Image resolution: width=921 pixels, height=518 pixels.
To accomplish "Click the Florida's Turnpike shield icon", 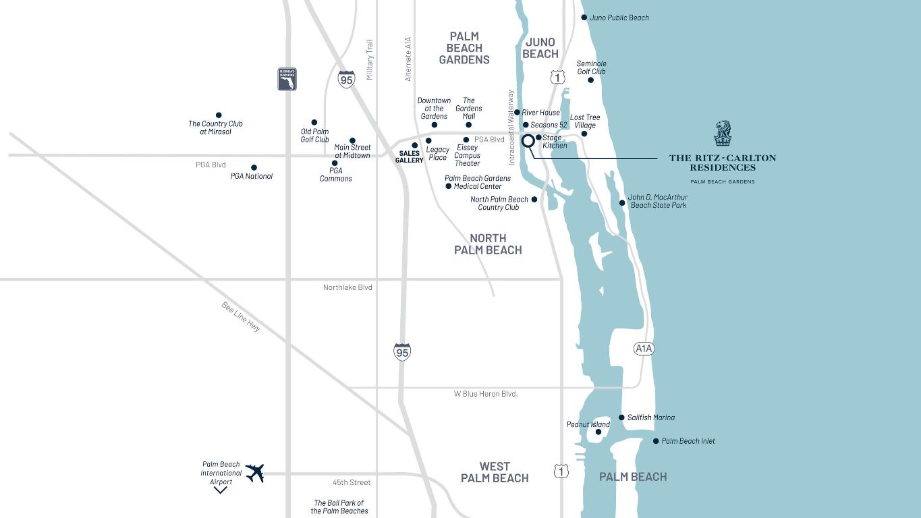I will (287, 79).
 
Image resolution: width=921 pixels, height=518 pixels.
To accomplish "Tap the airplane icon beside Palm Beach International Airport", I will (254, 473).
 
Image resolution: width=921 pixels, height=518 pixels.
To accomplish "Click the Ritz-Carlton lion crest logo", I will (723, 134).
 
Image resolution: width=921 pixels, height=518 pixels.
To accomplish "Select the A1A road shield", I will (644, 349).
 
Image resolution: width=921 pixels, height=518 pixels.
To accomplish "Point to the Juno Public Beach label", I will (619, 18).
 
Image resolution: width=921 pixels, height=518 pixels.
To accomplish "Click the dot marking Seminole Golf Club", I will (590, 80).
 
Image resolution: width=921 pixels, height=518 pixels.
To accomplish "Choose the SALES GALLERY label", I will (409, 156).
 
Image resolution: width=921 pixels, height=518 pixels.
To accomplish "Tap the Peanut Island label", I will (588, 424).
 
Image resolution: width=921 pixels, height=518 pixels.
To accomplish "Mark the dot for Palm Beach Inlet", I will (656, 441).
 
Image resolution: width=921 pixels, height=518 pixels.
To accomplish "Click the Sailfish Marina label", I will (650, 418).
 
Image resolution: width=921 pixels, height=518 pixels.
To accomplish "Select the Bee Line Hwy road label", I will (241, 316).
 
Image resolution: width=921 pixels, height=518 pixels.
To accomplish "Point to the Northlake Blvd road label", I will (347, 287).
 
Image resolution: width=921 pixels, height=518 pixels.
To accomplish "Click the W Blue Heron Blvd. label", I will (485, 394).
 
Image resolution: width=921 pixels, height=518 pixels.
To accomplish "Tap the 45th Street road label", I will (352, 482).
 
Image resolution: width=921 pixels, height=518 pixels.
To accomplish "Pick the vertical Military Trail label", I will (370, 60).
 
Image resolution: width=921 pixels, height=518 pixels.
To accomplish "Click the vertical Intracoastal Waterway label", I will (511, 127).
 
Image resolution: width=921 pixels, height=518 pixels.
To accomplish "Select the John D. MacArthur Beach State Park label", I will (658, 201).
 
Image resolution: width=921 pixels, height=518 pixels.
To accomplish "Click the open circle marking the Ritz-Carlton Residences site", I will (528, 141).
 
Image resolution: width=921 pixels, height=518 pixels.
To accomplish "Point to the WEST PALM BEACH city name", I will (495, 472).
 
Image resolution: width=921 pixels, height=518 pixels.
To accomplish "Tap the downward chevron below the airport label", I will (220, 490).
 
